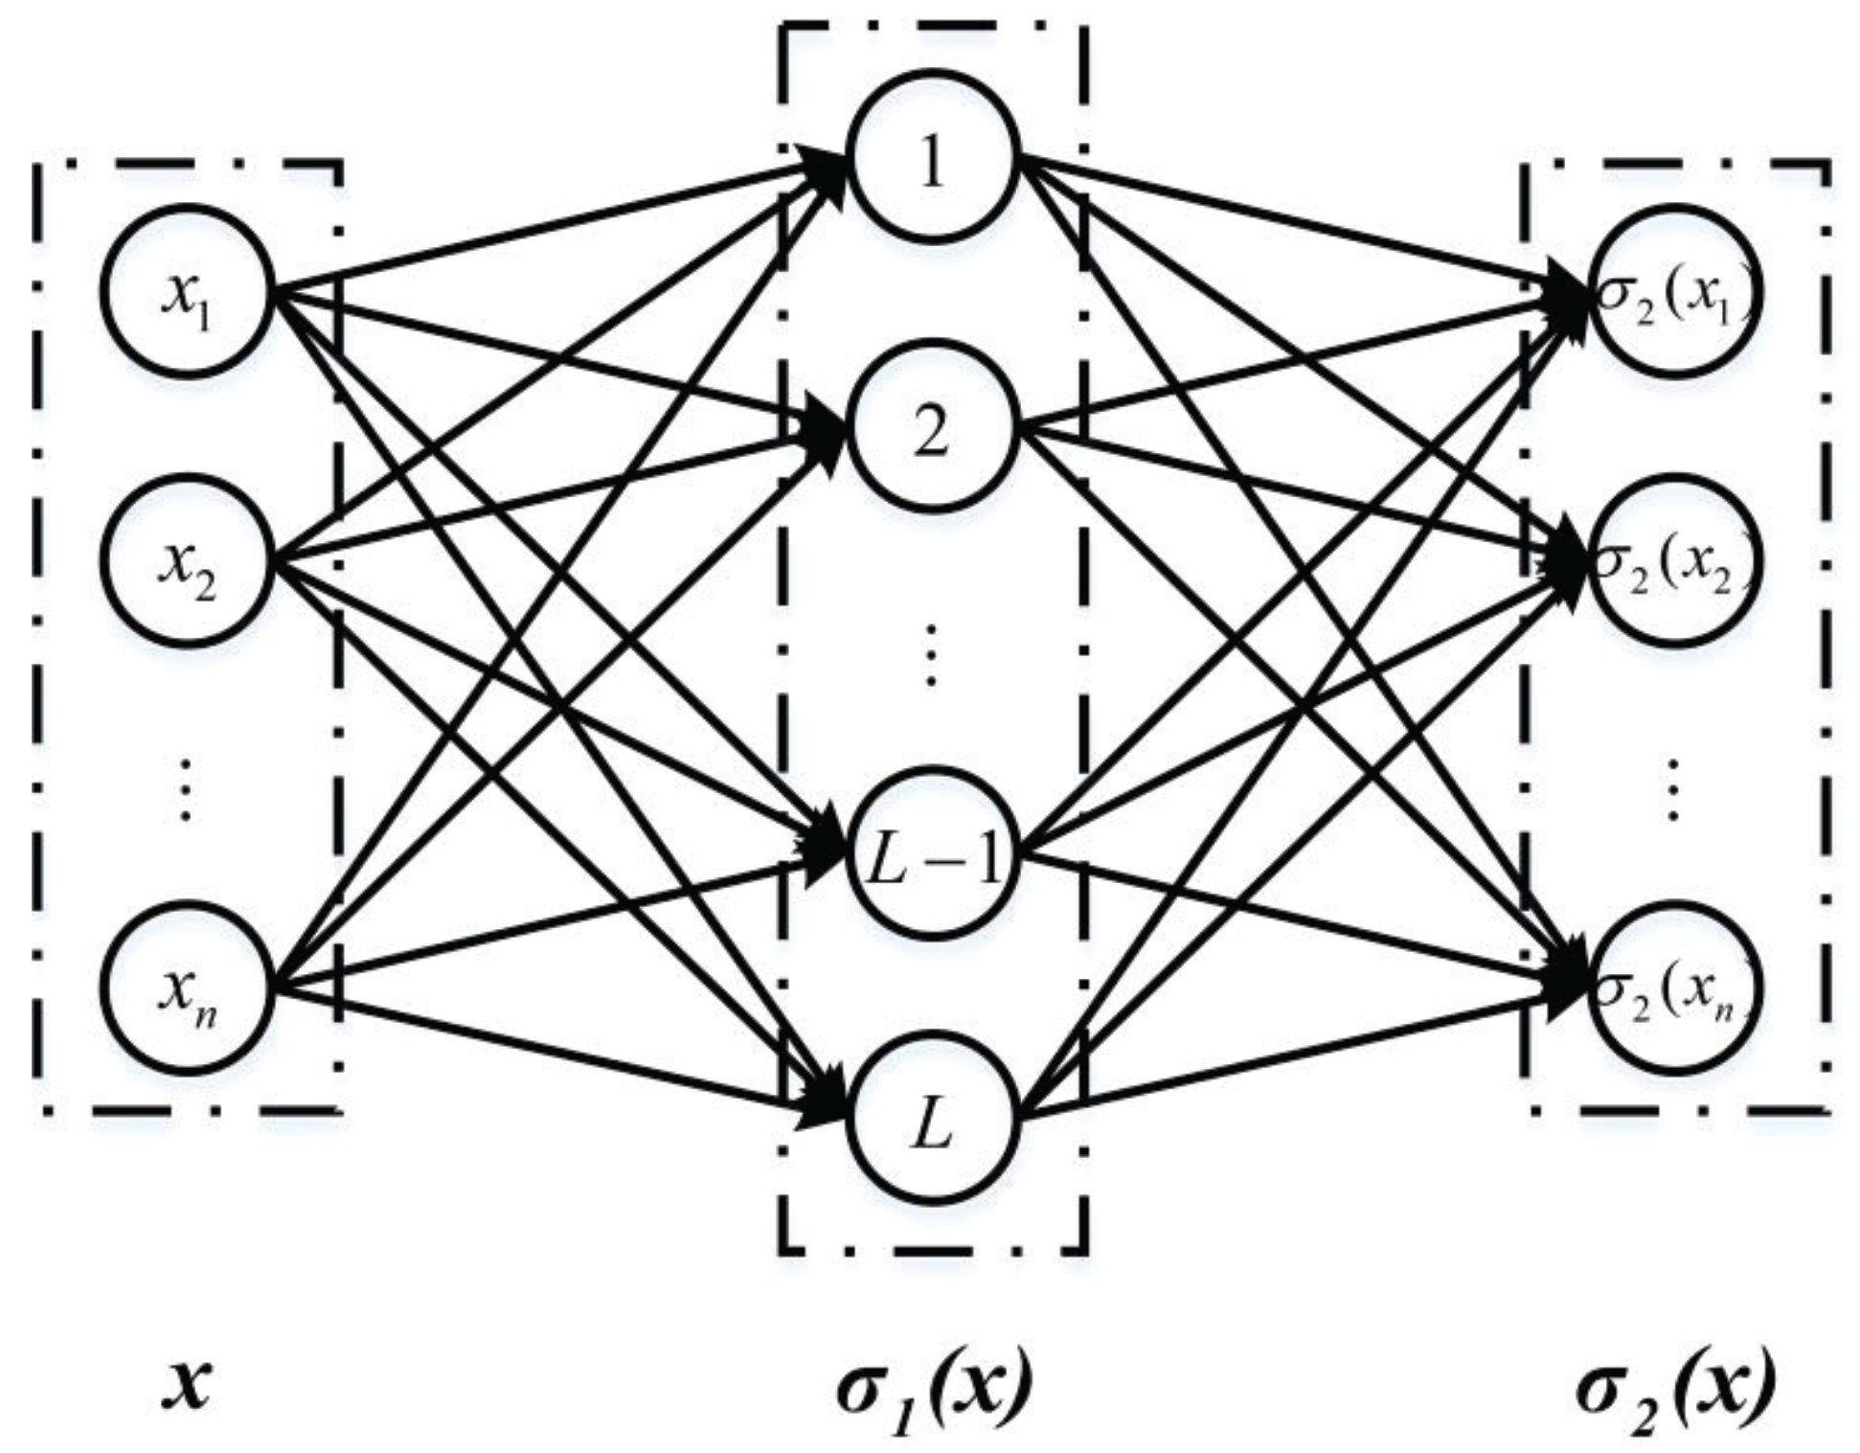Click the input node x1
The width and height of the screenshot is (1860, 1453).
point(190,292)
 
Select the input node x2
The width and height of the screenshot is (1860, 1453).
point(190,563)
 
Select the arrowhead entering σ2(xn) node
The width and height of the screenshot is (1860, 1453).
point(1566,987)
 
